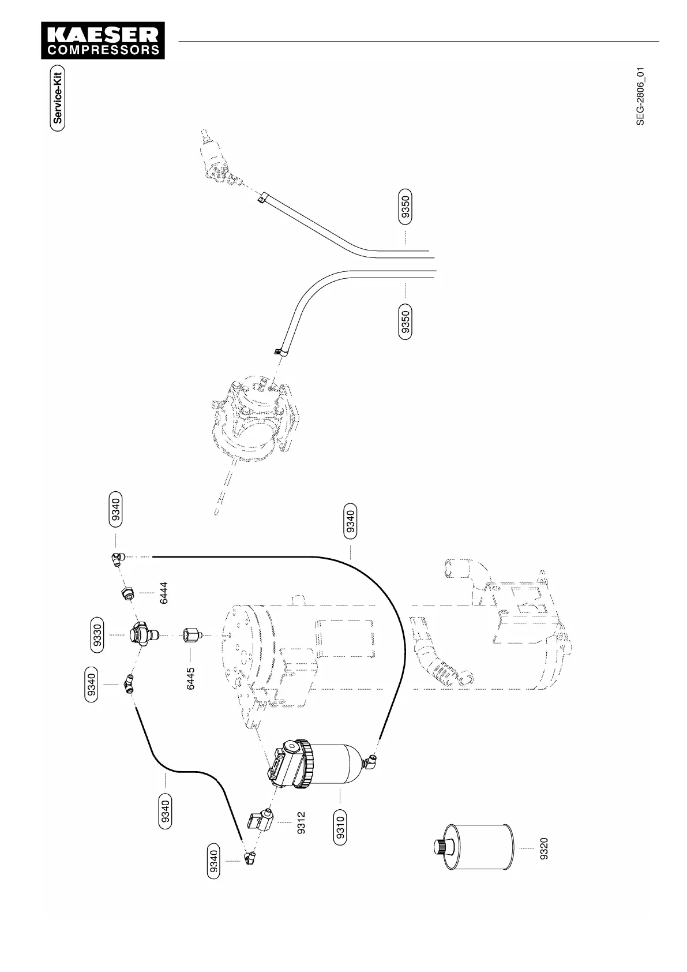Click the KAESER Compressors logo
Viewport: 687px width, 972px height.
click(x=103, y=40)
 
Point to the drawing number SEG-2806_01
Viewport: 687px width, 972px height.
click(x=640, y=96)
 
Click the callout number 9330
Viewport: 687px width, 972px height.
click(x=98, y=635)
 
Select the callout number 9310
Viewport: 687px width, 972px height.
click(x=340, y=828)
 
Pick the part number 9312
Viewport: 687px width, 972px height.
click(x=301, y=823)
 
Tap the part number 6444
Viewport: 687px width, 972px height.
click(x=164, y=592)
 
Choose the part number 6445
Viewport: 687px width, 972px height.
click(x=191, y=678)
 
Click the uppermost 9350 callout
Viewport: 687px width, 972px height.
click(x=406, y=206)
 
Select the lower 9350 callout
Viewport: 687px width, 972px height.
click(x=406, y=323)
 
